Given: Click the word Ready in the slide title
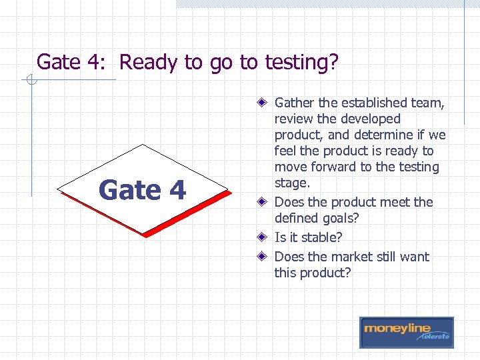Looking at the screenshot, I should click(x=149, y=63).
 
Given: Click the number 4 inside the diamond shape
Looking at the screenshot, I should click(x=177, y=191).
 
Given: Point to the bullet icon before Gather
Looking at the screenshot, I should click(x=264, y=103).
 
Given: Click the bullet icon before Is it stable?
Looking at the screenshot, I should click(x=264, y=237).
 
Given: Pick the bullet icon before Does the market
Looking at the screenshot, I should click(x=264, y=257).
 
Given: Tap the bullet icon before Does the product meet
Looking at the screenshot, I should click(x=264, y=202).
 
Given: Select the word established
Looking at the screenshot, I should click(x=375, y=103).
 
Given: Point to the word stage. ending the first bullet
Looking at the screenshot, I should click(x=292, y=183).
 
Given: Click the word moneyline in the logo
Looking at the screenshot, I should click(x=397, y=329).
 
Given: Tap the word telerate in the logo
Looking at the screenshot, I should click(x=435, y=337).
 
